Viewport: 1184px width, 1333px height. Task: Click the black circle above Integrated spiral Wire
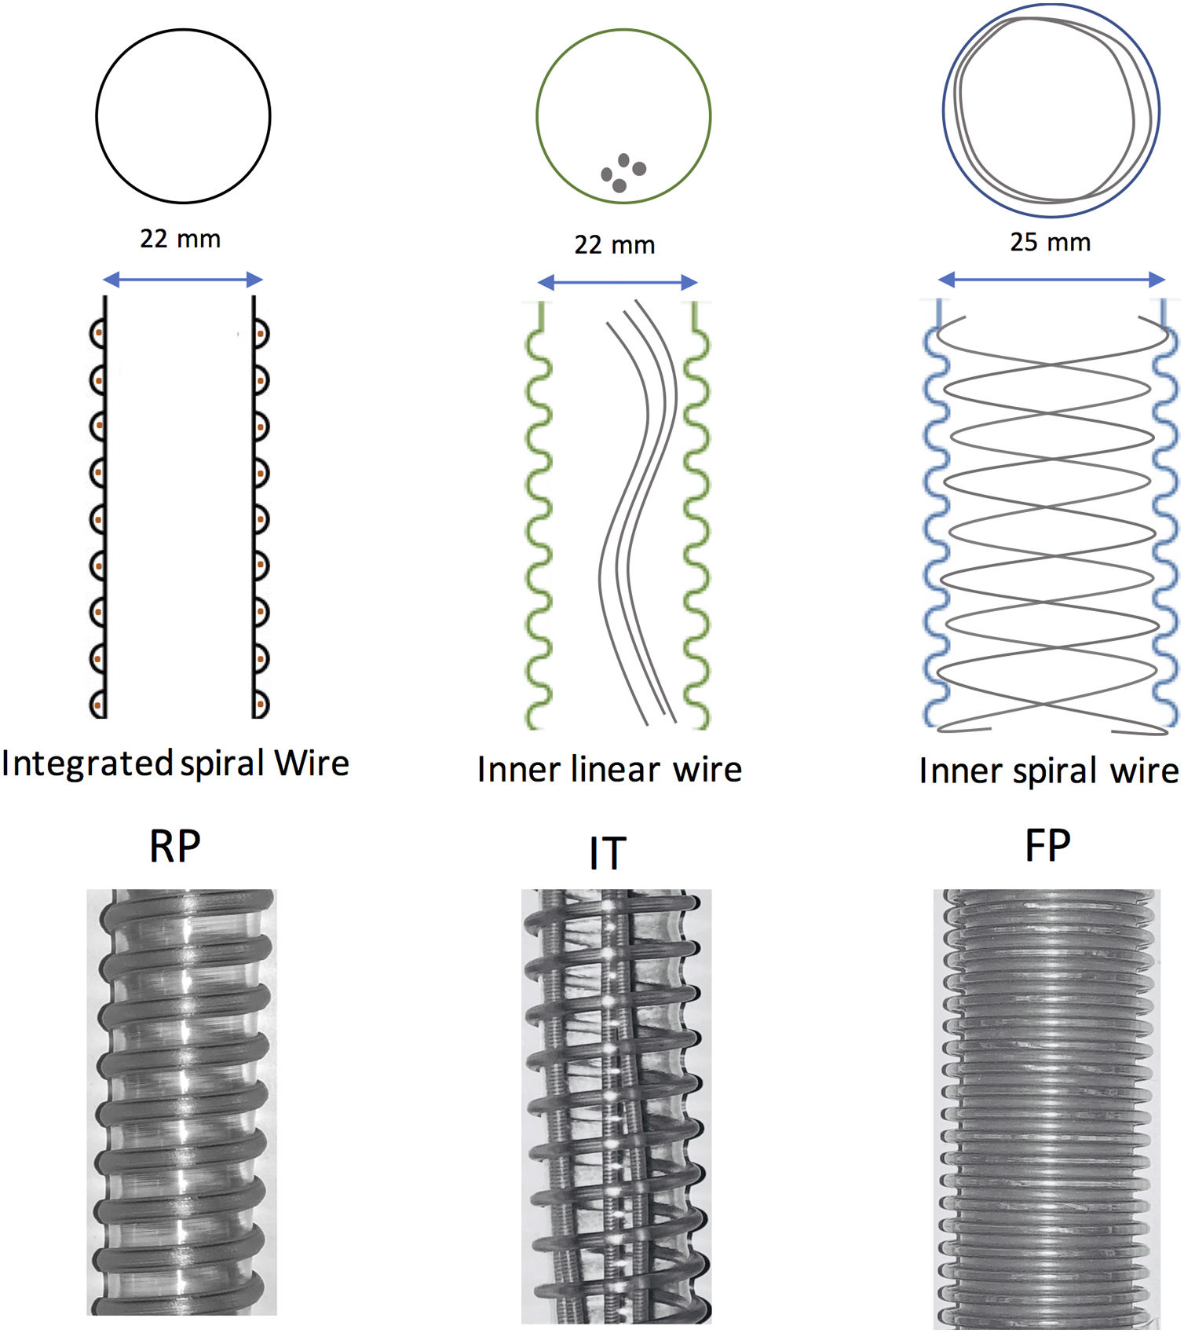[x=183, y=116]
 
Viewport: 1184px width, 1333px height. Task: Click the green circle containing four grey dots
[x=623, y=116]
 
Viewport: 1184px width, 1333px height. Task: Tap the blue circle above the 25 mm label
[x=1051, y=111]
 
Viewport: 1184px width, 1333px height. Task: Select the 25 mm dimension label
[x=1050, y=242]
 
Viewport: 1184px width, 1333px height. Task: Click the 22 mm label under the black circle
[x=180, y=239]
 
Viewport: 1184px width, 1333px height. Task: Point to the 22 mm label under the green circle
[x=614, y=245]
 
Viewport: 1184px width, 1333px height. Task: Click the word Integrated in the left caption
[x=86, y=764]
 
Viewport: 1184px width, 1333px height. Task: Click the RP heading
[x=175, y=847]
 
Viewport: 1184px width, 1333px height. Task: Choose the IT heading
[x=608, y=854]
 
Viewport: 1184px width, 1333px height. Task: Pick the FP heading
[x=1047, y=846]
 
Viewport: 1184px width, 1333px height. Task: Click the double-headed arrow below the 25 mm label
[x=1051, y=279]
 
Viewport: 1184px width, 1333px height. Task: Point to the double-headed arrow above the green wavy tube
[x=617, y=283]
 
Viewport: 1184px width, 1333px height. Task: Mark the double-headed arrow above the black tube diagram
[x=182, y=279]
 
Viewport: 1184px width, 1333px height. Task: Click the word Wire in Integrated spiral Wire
[x=311, y=764]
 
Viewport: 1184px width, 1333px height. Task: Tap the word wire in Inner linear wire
[x=707, y=769]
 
